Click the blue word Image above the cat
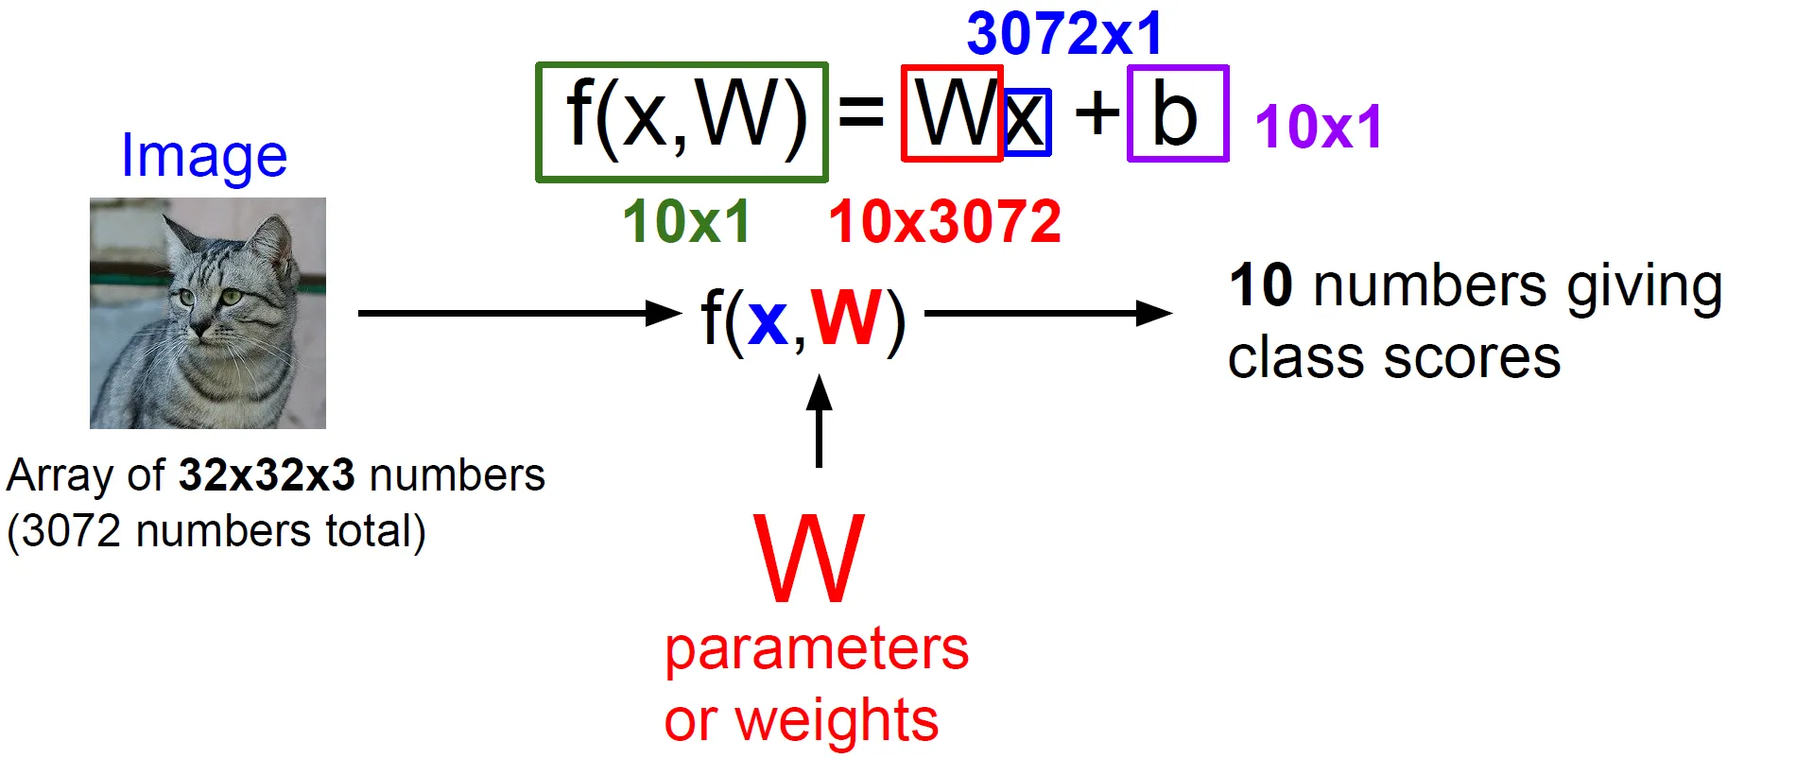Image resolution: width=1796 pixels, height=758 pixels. (204, 156)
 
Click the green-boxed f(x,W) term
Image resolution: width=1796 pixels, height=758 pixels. (682, 122)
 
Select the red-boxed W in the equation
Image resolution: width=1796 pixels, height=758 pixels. (951, 113)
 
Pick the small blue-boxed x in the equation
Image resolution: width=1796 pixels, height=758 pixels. (1027, 122)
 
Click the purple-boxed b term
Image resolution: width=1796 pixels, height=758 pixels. (1177, 113)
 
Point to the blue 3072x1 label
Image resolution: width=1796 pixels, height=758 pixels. (1064, 34)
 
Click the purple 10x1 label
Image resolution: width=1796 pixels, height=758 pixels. (1319, 127)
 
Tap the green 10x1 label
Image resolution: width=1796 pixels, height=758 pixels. (686, 222)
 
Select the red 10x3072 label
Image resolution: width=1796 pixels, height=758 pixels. (944, 222)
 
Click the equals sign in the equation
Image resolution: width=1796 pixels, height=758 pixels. (861, 112)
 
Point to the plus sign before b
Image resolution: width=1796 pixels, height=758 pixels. (1097, 113)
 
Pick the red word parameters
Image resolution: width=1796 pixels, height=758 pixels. (816, 650)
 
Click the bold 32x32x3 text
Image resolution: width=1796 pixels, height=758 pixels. (267, 475)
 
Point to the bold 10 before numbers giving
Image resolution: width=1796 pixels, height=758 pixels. (1260, 285)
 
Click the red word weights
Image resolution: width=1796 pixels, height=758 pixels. (837, 721)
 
